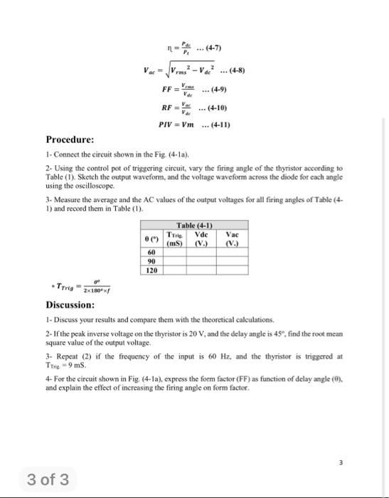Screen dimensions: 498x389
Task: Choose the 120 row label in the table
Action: pos(151,270)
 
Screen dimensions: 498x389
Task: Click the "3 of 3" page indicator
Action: pos(48,480)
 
